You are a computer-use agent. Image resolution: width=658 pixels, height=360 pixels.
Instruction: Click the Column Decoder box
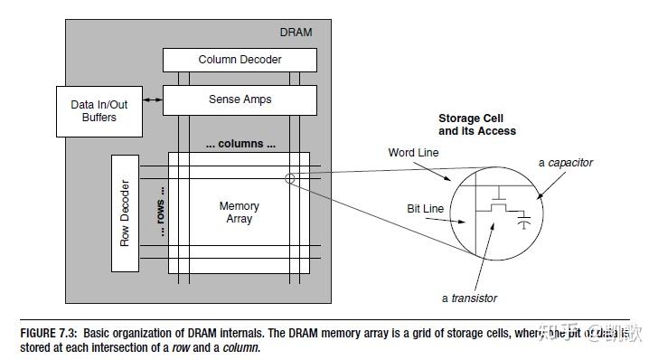click(240, 60)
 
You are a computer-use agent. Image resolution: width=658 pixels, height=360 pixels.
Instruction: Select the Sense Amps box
click(240, 99)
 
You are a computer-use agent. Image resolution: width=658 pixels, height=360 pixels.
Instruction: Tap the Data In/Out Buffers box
click(99, 110)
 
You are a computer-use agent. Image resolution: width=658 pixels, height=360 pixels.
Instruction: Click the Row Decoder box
click(125, 213)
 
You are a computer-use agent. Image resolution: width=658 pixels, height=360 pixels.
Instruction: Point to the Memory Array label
click(240, 213)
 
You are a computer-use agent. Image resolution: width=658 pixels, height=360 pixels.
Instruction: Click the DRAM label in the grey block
click(295, 33)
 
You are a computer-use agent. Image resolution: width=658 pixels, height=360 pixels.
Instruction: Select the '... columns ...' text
click(240, 145)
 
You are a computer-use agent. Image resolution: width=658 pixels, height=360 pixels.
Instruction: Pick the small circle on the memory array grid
click(288, 178)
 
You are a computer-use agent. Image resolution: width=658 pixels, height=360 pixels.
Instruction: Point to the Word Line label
click(413, 153)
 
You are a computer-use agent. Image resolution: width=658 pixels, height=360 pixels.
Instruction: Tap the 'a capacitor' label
click(566, 163)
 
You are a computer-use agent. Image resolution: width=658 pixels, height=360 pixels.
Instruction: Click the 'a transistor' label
click(469, 298)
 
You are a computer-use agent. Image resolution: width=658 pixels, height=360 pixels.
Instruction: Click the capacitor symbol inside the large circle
click(523, 219)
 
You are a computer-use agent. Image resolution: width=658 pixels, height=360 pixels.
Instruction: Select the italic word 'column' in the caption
click(241, 347)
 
